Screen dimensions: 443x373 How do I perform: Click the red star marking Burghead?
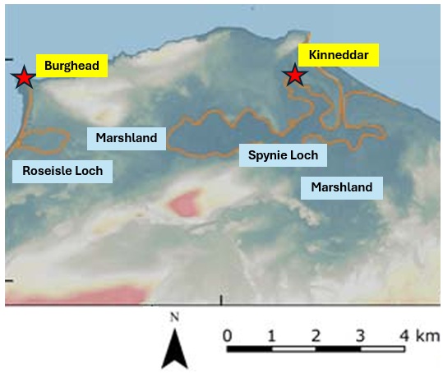click(x=24, y=76)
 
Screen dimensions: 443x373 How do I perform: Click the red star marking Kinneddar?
click(x=295, y=75)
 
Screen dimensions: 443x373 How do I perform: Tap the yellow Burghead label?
click(x=72, y=66)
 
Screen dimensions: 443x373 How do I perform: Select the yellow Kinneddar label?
click(x=339, y=55)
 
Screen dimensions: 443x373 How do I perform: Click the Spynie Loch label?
click(x=283, y=155)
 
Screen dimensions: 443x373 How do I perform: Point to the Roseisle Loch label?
click(x=62, y=171)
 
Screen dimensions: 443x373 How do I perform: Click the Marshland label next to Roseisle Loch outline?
click(x=127, y=138)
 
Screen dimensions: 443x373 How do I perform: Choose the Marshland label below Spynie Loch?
click(x=342, y=187)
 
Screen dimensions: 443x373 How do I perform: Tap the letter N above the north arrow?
click(x=174, y=317)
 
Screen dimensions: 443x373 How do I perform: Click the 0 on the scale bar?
click(x=227, y=336)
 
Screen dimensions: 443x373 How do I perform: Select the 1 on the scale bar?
click(x=271, y=336)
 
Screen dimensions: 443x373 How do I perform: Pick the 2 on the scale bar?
click(x=316, y=336)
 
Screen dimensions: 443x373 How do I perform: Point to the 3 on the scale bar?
click(x=360, y=336)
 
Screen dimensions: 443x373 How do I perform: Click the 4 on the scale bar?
click(x=404, y=336)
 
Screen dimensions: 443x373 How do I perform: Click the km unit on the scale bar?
click(x=427, y=336)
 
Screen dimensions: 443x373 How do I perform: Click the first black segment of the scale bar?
click(x=249, y=349)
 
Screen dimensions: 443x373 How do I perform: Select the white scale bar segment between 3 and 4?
click(x=382, y=349)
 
